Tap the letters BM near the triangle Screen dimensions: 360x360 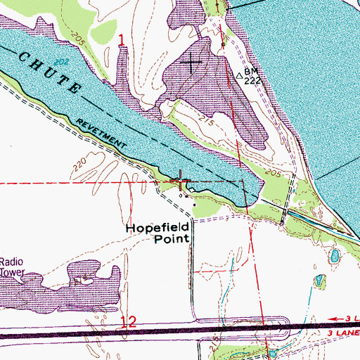click(251, 72)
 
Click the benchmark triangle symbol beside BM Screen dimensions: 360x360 click(239, 72)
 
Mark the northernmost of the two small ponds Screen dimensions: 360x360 click(334, 255)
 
